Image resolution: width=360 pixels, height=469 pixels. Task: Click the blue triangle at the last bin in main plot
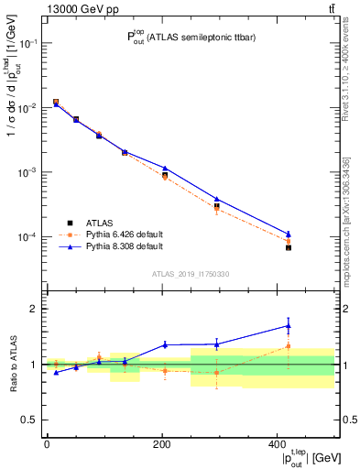tap(288, 234)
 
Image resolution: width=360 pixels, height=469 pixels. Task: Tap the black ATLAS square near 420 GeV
tap(288, 247)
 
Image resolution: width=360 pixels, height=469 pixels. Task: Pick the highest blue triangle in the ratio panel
tap(288, 325)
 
